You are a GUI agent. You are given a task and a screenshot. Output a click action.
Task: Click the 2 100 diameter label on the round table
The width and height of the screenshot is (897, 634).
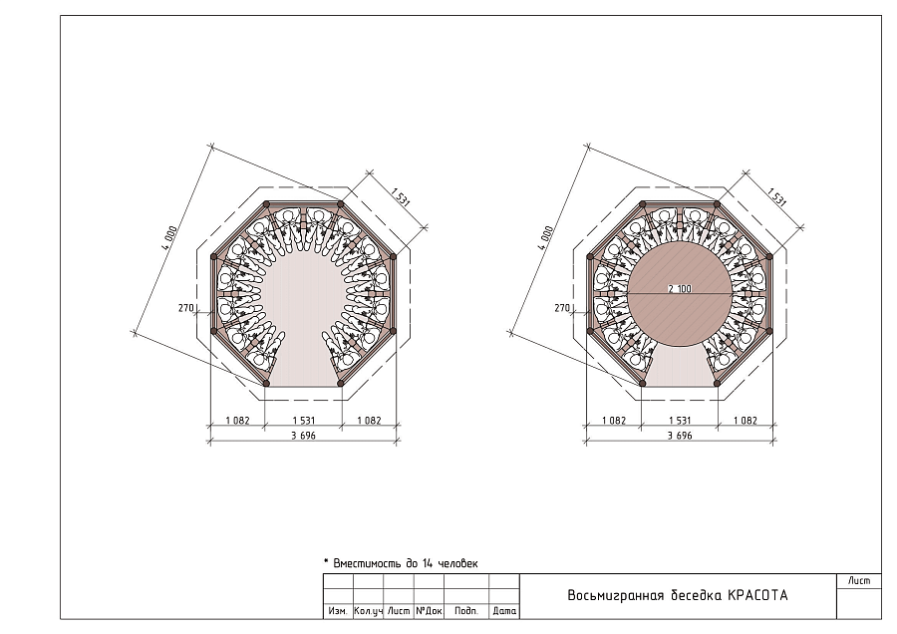coord(680,289)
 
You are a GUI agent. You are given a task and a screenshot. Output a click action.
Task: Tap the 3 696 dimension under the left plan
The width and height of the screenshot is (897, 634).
coord(303,436)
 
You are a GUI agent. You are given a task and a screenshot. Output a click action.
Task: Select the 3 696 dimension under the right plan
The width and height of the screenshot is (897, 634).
coord(680,436)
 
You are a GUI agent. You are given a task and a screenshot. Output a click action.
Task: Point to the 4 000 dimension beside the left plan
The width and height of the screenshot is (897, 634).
coord(169,238)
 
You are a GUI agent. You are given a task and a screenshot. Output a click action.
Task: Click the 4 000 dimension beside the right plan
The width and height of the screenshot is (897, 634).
coord(546,238)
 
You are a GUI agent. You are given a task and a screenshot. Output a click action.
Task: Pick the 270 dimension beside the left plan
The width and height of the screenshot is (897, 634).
coord(186,308)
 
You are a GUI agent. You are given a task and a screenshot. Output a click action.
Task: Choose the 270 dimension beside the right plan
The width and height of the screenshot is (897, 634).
coord(562,308)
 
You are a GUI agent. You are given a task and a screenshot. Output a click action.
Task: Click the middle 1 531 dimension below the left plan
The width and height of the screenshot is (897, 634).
coord(304,421)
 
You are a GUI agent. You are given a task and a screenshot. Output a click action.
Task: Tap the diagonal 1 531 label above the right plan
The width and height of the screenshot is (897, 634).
coord(776,196)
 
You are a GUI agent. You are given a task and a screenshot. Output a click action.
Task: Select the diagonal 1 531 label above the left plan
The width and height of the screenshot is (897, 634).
coord(401,196)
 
